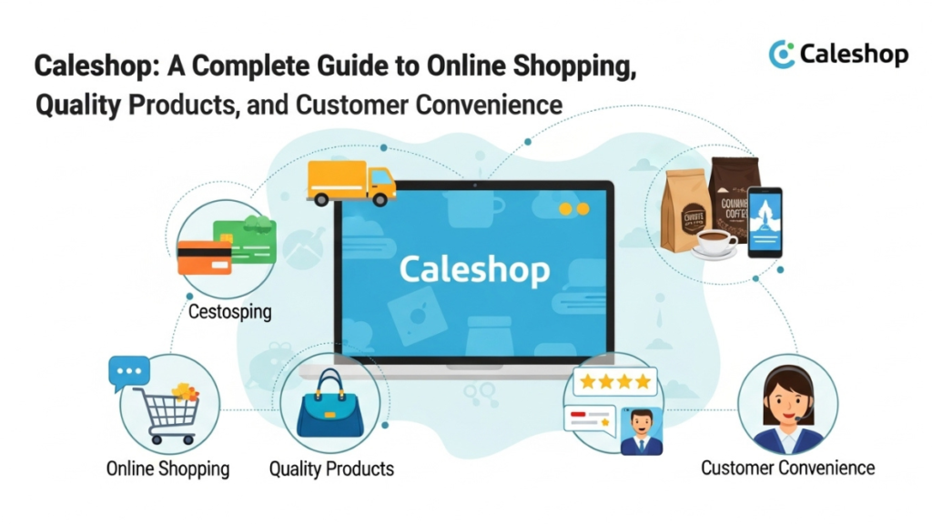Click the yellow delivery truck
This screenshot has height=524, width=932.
click(x=350, y=182)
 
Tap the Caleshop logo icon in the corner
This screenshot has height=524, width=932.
click(x=782, y=55)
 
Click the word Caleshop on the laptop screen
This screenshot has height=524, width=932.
click(x=474, y=269)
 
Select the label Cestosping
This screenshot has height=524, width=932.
click(x=229, y=312)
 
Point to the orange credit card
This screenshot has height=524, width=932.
click(x=205, y=257)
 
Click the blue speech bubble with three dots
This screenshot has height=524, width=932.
click(x=128, y=371)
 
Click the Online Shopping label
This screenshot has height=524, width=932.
click(x=168, y=469)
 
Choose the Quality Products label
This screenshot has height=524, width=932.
click(x=331, y=469)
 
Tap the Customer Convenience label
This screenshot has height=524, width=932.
click(x=787, y=468)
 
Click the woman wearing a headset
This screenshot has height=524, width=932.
click(x=787, y=409)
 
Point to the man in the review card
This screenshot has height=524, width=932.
click(x=641, y=430)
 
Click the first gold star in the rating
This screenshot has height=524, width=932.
click(x=587, y=381)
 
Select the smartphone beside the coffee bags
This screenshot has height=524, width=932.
click(x=765, y=221)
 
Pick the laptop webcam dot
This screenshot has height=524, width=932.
click(x=474, y=185)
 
